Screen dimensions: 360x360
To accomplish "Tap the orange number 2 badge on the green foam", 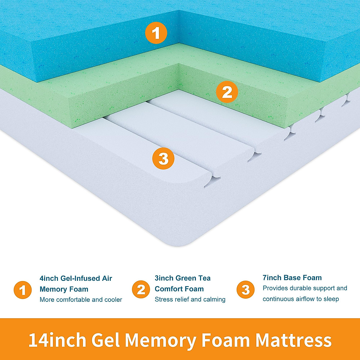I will (227, 92).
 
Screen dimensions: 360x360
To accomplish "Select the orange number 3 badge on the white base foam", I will (163, 158).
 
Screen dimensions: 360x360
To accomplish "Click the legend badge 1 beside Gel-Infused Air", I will (22, 290).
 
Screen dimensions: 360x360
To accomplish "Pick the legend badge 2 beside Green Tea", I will (141, 289).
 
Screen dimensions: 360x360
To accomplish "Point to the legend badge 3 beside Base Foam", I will (245, 289).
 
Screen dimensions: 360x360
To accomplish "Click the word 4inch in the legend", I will (49, 278).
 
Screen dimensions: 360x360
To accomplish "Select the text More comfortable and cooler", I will (81, 300).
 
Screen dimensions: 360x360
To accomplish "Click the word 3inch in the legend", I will (164, 278).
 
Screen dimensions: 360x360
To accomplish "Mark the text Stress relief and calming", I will (190, 299).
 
